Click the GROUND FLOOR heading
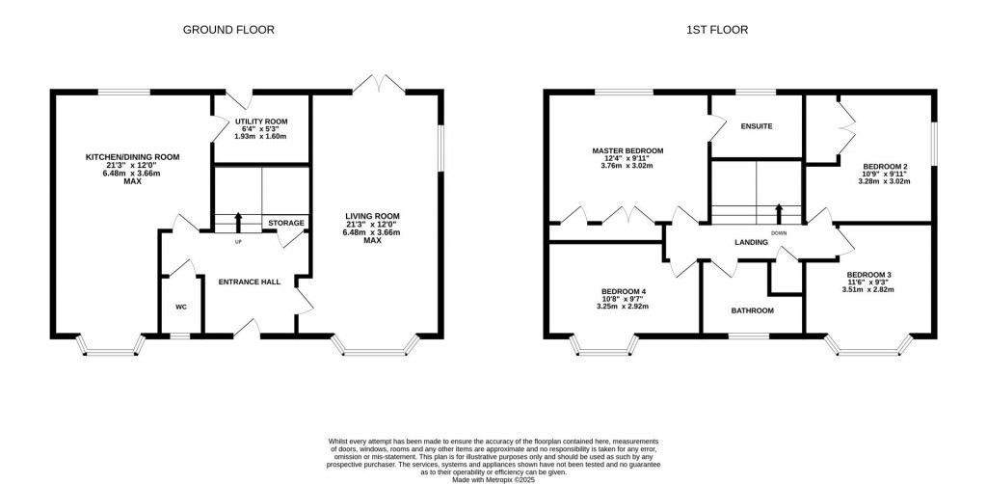click(x=228, y=30)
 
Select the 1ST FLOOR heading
click(x=716, y=30)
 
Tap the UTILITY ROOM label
click(x=260, y=121)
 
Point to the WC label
click(x=180, y=308)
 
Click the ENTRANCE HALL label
click(x=249, y=282)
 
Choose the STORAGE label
click(x=286, y=223)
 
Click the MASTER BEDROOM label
click(x=627, y=151)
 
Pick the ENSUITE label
click(x=757, y=126)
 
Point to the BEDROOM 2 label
click(x=884, y=166)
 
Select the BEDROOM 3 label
click(x=868, y=275)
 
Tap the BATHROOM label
click(x=752, y=310)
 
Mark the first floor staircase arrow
click(x=779, y=212)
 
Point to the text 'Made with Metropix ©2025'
click(x=493, y=471)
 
